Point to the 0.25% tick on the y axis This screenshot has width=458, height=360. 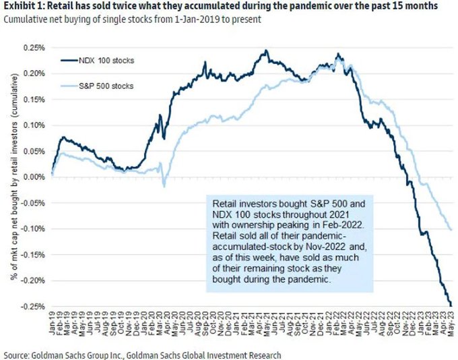pyautogui.click(x=34, y=49)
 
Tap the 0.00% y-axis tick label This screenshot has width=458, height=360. pyautogui.click(x=34, y=177)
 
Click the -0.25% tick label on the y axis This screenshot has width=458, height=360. pyautogui.click(x=33, y=305)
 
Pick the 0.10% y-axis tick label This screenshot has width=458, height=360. pyautogui.click(x=34, y=125)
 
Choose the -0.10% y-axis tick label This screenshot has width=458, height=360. pyautogui.click(x=33, y=229)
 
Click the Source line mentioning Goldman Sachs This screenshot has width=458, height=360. pyautogui.click(x=141, y=354)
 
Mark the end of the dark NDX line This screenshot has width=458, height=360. pyautogui.click(x=451, y=305)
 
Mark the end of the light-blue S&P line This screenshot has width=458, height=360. pyautogui.click(x=451, y=229)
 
